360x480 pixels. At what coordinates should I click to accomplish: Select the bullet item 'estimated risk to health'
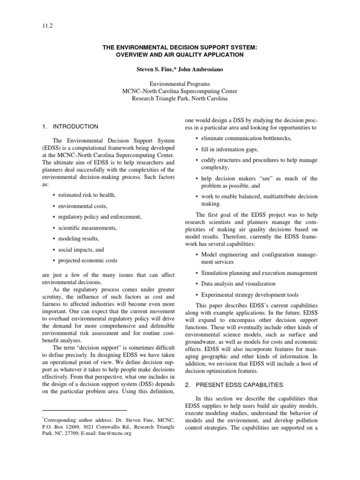pos(86,195)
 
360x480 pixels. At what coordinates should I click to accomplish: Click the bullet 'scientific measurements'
pos(88,227)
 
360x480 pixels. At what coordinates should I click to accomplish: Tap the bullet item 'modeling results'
pos(79,239)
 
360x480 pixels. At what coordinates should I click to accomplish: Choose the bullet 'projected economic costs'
pos(88,260)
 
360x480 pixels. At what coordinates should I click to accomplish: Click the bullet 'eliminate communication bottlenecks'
pos(246,138)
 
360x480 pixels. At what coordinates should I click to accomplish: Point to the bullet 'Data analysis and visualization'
pos(238,284)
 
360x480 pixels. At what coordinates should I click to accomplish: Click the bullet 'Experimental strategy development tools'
pos(249,295)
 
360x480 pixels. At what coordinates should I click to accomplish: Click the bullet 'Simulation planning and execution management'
pos(259,273)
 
